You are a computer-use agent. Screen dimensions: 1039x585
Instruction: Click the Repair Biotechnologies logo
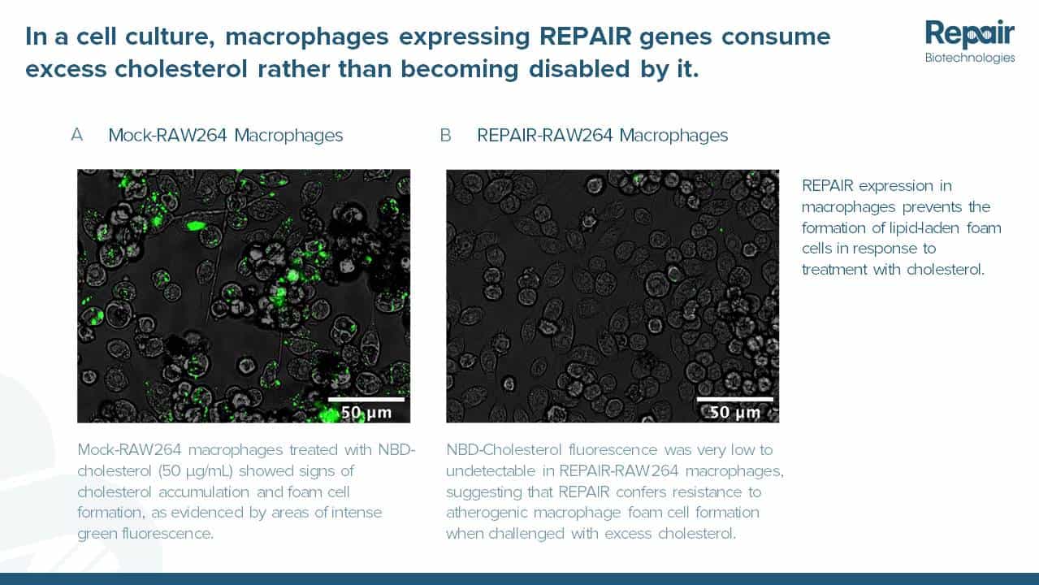point(970,41)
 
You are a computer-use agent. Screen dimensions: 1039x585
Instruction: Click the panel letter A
point(77,135)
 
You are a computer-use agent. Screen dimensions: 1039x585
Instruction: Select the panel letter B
point(445,135)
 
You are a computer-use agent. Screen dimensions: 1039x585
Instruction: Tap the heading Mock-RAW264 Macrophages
point(225,136)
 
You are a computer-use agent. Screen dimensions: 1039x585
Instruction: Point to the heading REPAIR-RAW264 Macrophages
point(603,136)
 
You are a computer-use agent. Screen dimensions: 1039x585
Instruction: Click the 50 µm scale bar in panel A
point(366,399)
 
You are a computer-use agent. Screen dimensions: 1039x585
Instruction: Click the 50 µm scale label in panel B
point(735,412)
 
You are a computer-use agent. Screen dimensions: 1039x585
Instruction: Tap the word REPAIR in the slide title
point(586,37)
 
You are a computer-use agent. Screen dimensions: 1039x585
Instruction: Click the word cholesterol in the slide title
point(181,69)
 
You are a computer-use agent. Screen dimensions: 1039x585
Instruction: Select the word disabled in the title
point(579,69)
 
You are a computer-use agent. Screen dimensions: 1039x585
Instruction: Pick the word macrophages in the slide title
point(307,37)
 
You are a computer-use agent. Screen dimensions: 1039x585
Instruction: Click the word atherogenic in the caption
point(487,513)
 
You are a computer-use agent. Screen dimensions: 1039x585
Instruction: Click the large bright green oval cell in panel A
point(197,226)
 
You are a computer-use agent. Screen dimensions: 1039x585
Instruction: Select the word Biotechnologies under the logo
point(970,58)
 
